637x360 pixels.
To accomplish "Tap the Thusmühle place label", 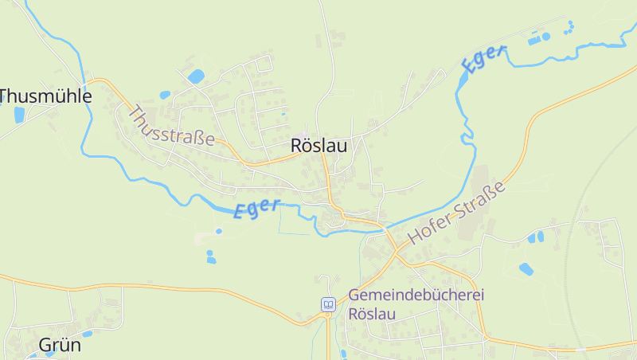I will pos(46,96).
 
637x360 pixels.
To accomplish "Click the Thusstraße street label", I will pos(170,126).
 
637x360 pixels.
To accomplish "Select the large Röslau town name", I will pos(318,146).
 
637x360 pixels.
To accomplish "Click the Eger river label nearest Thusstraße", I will pos(256,209).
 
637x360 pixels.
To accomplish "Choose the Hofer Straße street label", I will pos(456,213).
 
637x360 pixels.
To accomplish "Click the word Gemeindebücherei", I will pos(416,295).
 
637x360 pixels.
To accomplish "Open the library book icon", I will pos(328,304).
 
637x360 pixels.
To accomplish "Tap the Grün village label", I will pos(60,346).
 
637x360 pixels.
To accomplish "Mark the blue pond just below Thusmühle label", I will pos(19,115).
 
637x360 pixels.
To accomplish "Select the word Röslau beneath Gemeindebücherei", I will pos(372,314).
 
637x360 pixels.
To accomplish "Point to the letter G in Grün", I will pos(45,346).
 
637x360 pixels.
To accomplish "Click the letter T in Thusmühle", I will pos(5,96).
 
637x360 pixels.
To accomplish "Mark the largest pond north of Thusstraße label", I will pos(196,76).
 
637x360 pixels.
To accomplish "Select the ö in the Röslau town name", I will pos(307,146).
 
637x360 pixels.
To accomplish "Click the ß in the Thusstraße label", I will pos(198,137).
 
